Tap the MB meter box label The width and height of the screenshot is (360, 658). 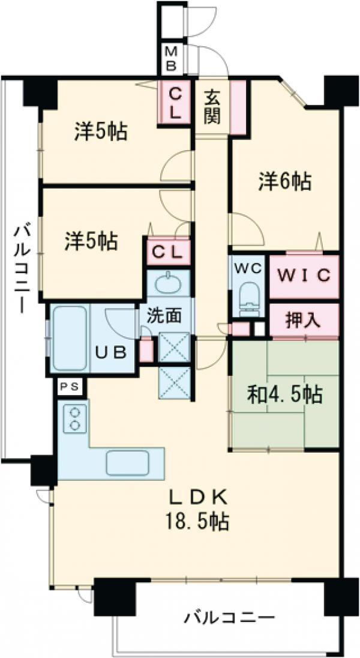(x=171, y=59)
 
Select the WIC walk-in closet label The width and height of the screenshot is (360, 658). (x=304, y=276)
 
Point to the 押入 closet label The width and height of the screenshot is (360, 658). (x=304, y=319)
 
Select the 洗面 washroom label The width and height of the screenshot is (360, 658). (x=163, y=315)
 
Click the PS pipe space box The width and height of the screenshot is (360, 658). (x=71, y=387)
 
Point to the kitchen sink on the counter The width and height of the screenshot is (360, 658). (x=128, y=462)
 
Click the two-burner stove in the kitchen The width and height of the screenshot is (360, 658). (x=74, y=419)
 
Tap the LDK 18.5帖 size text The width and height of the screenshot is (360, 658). (x=197, y=509)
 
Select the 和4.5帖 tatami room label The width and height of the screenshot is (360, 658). (x=284, y=394)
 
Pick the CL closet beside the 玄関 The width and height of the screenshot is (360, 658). (x=175, y=103)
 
